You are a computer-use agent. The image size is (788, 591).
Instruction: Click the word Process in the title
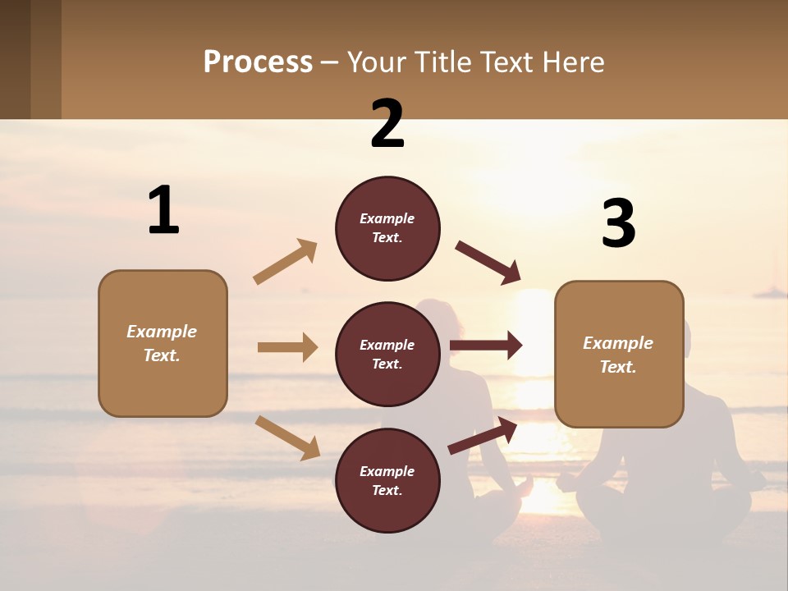258,62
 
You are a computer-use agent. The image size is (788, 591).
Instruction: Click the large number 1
163,210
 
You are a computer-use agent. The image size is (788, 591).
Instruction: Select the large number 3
618,223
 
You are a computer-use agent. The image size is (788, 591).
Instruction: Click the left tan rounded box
163,343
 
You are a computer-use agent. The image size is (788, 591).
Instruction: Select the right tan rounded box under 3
619,355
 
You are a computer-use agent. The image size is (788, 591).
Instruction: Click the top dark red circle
387,228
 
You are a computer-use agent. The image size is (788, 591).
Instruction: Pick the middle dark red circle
387,355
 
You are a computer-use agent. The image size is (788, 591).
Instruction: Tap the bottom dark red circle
387,481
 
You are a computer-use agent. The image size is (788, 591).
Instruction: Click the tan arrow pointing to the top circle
286,262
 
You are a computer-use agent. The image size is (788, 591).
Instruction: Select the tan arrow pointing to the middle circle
287,347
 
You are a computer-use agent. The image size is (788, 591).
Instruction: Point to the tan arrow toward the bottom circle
287,438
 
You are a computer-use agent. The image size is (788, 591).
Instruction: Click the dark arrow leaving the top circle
488,263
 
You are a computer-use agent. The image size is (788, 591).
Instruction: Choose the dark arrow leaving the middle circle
486,346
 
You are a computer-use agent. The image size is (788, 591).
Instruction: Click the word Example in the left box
162,332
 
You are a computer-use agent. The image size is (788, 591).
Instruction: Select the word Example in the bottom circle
387,471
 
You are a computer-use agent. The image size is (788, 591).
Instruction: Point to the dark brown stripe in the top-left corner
15,59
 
